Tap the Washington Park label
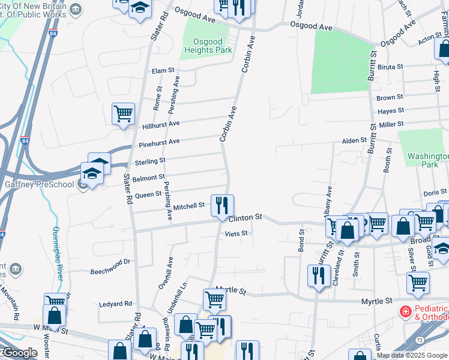(427, 160)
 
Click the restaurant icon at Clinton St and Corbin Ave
(222, 205)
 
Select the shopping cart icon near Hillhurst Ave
(123, 113)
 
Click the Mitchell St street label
(189, 206)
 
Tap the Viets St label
(237, 233)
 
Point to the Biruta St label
(390, 67)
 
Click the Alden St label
(354, 140)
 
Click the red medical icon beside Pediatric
(405, 313)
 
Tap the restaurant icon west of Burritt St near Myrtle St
(318, 276)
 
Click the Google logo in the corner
(19, 353)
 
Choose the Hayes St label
(390, 112)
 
